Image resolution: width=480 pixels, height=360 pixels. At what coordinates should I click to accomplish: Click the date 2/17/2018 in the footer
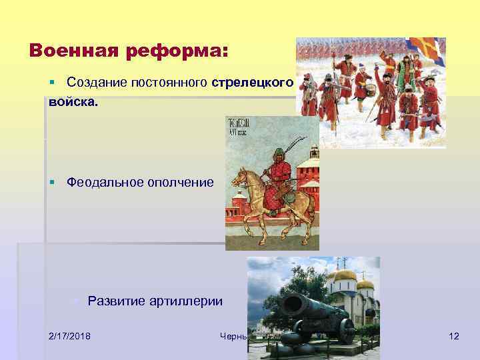pos(70,335)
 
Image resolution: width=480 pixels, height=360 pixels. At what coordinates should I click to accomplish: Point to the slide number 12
pos(453,335)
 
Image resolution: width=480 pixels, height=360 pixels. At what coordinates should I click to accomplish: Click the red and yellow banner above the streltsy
pos(429,48)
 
